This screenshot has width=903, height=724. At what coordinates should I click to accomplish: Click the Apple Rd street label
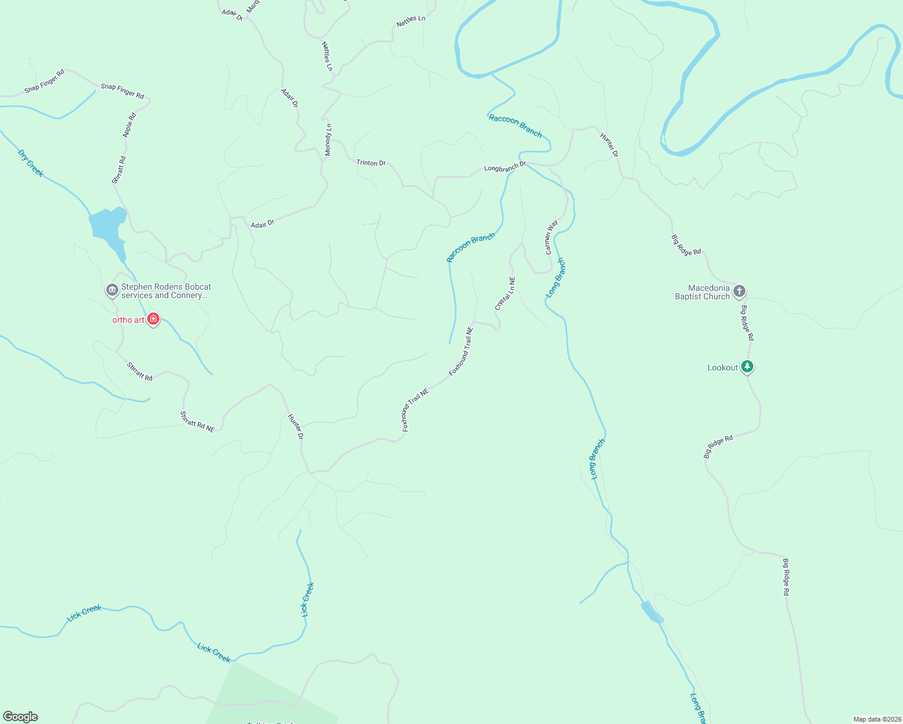tap(129, 125)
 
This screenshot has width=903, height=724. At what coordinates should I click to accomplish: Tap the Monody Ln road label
tap(328, 140)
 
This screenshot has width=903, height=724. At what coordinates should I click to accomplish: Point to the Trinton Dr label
tap(371, 163)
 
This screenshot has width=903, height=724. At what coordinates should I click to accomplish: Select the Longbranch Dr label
tap(505, 167)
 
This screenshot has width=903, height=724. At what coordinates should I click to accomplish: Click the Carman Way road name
tap(552, 237)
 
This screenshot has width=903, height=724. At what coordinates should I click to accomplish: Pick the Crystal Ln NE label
tap(505, 294)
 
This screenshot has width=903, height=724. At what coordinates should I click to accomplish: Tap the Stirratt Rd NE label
tap(197, 422)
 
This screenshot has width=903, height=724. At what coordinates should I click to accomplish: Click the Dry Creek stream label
tap(31, 164)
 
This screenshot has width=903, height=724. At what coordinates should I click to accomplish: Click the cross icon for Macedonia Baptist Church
tap(739, 291)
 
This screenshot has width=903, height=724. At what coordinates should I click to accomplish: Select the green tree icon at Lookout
tap(747, 366)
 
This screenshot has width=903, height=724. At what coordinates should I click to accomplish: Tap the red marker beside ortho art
tap(153, 319)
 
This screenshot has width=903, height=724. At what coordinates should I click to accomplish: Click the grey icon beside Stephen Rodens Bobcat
tap(112, 291)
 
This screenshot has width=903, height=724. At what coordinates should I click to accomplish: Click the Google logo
tap(21, 717)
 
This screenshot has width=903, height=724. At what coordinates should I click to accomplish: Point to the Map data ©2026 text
tap(876, 719)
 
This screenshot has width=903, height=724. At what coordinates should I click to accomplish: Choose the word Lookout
tap(723, 367)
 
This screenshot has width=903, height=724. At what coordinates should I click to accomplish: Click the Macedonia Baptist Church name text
tap(703, 293)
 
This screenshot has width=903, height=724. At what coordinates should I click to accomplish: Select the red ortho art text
tap(128, 320)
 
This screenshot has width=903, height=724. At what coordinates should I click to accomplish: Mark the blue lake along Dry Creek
tap(107, 227)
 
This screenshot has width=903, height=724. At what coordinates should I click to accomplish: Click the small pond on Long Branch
tap(651, 612)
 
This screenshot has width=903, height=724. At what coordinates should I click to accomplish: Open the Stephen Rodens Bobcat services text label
tap(166, 291)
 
